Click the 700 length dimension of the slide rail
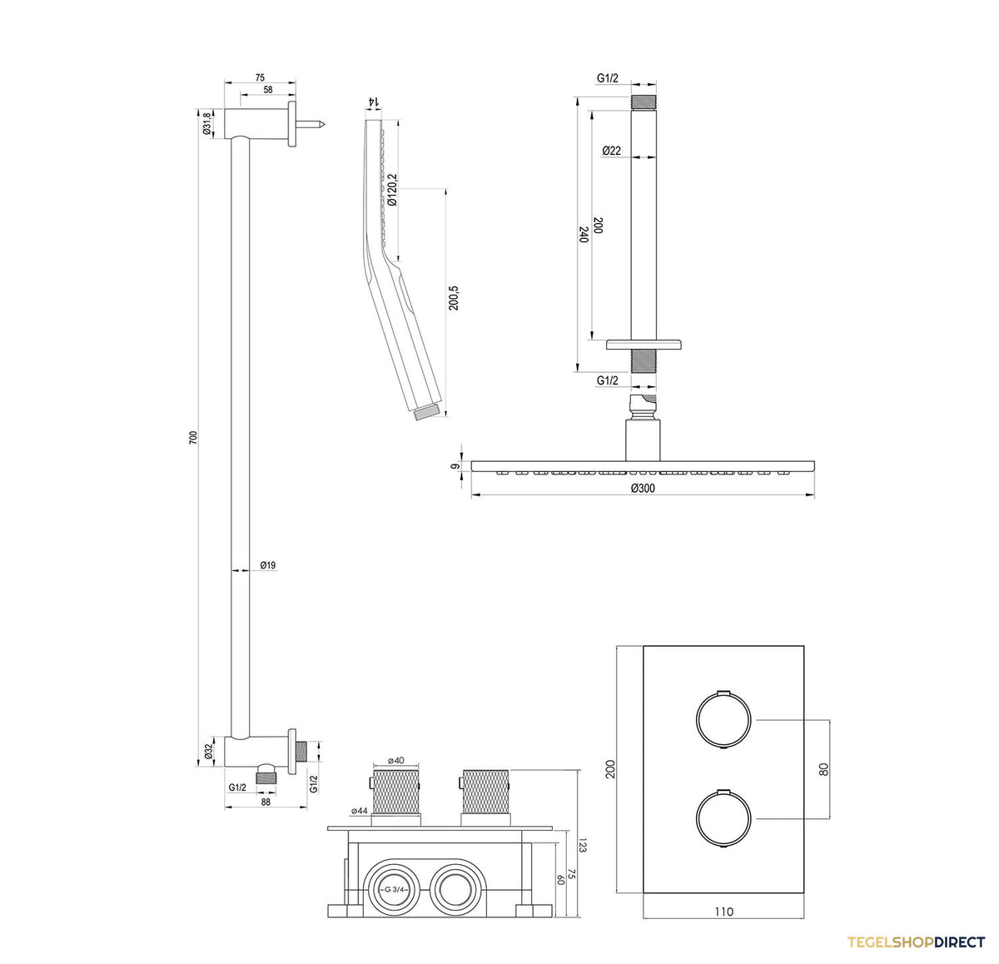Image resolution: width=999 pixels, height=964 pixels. coord(193,437)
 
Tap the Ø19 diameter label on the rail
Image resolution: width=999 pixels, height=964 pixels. coord(268,565)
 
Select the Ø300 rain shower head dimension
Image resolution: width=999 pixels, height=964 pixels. coord(643,488)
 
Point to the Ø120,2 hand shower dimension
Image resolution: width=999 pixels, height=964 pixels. coord(392,190)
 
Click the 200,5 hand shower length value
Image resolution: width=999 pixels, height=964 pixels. coord(454,298)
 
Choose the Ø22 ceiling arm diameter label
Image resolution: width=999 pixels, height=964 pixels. coord(611,151)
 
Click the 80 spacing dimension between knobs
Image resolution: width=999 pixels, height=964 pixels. coord(824,769)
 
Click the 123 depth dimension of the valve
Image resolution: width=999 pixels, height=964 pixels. coord(582,844)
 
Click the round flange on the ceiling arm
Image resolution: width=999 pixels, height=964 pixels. coord(644,345)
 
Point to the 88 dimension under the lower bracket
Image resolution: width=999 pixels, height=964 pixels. coord(266,803)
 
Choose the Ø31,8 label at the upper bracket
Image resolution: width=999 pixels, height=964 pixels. coord(207,124)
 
